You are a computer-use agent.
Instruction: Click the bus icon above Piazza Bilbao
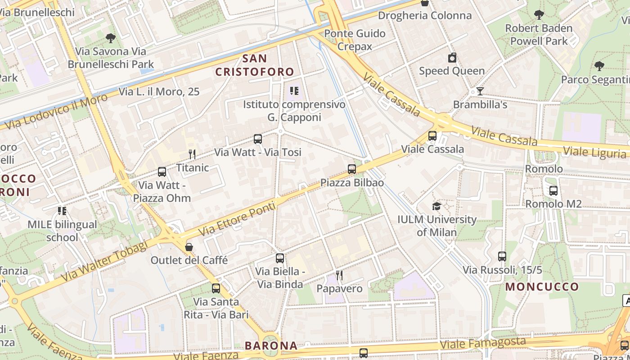[x=352, y=169]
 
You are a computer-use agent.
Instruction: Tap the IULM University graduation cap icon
[x=436, y=206]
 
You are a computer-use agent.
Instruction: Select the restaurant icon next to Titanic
[x=192, y=154]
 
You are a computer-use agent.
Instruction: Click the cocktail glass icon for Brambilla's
[x=480, y=91]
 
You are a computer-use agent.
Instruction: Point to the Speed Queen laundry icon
[x=452, y=58]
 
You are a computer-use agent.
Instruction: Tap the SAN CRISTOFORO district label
[x=255, y=65]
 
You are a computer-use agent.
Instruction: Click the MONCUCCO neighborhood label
[x=542, y=287]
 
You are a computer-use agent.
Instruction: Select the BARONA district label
[x=271, y=346]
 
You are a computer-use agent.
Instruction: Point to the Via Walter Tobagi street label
[x=104, y=261]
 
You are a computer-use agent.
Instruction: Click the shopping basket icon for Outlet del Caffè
[x=189, y=247]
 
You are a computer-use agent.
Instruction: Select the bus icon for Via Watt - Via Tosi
[x=258, y=139]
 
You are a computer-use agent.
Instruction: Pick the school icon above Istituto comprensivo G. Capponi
[x=294, y=91]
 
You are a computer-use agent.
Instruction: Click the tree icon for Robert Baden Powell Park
[x=539, y=15]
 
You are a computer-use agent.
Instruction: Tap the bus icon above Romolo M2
[x=553, y=191]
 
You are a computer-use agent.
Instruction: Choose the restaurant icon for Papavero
[x=339, y=275]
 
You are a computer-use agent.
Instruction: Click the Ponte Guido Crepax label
[x=355, y=40]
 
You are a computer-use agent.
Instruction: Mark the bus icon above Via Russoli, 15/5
[x=502, y=256]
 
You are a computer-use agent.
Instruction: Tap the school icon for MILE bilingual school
[x=62, y=211]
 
